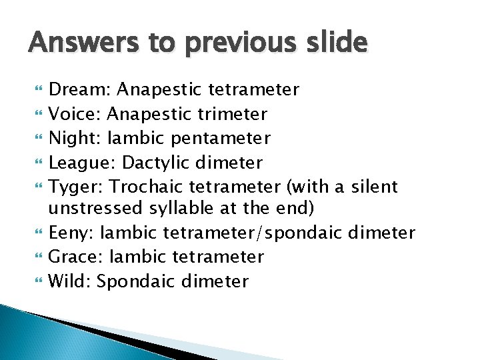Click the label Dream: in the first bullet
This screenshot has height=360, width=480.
tap(73, 89)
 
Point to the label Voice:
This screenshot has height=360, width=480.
tap(74, 114)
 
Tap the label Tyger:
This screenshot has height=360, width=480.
tap(75, 186)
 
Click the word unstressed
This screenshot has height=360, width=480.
tap(95, 209)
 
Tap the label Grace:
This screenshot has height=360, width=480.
tap(75, 257)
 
